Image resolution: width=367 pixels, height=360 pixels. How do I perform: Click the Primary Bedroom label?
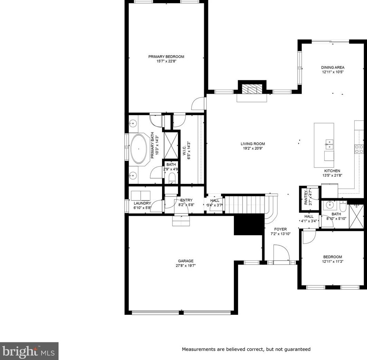pos(166,57)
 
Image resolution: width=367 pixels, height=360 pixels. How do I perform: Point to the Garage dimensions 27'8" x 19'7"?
pos(186,266)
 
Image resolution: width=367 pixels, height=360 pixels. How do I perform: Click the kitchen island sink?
pos(329,144)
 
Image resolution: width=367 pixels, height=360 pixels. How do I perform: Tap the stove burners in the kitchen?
pos(359,149)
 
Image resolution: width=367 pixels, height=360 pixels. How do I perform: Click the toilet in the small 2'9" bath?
pos(172,178)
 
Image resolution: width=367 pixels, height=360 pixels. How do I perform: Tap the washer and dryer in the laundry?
pos(140,196)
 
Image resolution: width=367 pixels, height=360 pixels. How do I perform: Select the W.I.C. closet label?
pos(184,150)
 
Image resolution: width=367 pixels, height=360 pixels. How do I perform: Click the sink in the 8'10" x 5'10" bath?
pos(330,205)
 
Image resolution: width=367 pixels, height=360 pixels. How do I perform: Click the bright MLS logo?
pos(29,351)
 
